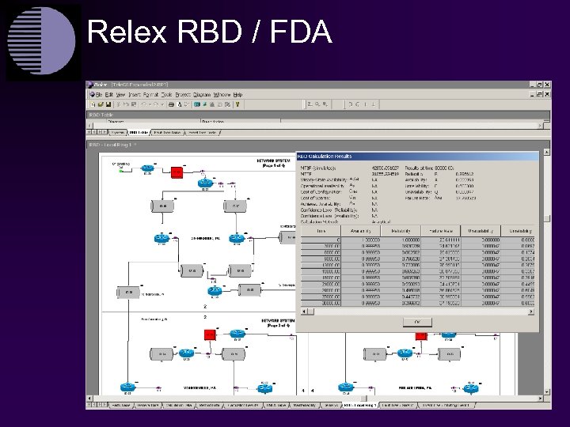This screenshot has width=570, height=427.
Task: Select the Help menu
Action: click(x=237, y=93)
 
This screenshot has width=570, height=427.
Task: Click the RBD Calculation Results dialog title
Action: click(x=333, y=156)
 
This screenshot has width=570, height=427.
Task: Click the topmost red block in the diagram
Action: click(x=177, y=170)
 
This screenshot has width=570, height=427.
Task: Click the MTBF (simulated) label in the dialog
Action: click(x=317, y=167)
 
